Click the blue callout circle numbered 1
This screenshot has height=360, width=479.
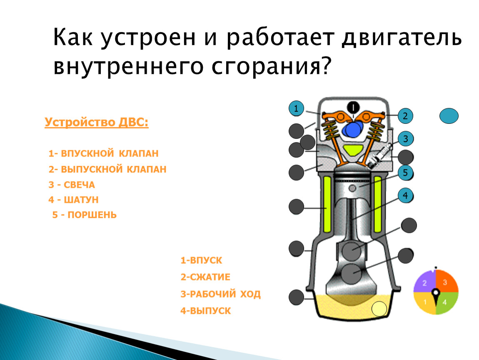(x=296, y=108)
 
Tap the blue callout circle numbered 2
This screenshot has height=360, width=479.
(x=405, y=116)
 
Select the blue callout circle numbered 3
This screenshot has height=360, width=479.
(x=406, y=139)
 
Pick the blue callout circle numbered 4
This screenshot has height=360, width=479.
(x=405, y=195)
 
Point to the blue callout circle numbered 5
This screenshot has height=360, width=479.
(x=405, y=172)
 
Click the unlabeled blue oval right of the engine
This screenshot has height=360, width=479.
(x=449, y=116)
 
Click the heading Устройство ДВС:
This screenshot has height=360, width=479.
(x=97, y=122)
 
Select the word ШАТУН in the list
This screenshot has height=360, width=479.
(x=81, y=200)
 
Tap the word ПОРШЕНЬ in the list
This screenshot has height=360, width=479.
(x=92, y=215)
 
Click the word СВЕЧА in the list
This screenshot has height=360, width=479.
(x=79, y=185)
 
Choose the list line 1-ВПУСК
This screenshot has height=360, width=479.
(x=201, y=260)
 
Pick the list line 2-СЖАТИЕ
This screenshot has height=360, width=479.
(x=205, y=277)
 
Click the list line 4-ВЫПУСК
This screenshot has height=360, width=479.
(x=206, y=311)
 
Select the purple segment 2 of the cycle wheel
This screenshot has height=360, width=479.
(x=425, y=282)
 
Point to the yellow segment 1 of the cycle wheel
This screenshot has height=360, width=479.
(x=424, y=302)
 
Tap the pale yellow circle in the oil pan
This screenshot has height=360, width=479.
(x=379, y=309)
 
